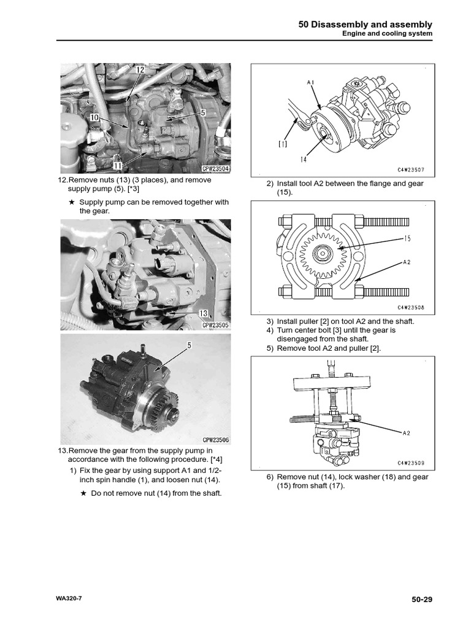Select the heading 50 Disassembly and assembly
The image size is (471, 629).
point(365,25)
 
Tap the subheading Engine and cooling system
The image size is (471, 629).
point(387,34)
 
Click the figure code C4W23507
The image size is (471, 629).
point(412,171)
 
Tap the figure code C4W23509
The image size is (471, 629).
point(412,463)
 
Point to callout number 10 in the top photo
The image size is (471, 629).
point(94,116)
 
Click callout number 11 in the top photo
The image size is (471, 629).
point(117,165)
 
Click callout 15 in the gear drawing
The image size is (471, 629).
point(408,238)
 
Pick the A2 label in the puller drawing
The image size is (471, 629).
point(406,433)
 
